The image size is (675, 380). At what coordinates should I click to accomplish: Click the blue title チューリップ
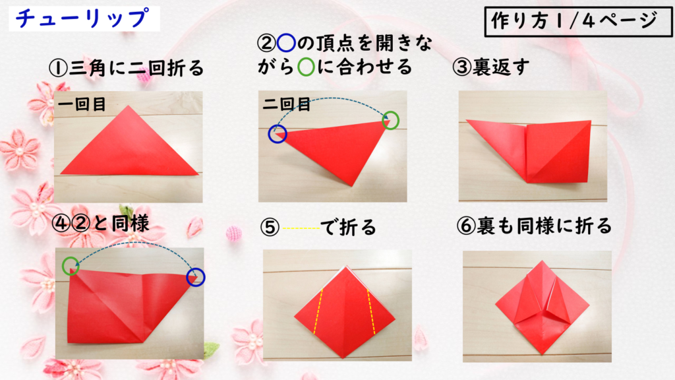tap(82, 18)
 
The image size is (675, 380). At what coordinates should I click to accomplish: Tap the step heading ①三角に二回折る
tap(126, 68)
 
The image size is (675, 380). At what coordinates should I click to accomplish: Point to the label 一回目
tap(82, 104)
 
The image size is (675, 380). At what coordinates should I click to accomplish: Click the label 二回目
tap(287, 104)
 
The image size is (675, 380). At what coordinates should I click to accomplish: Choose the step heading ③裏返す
tap(490, 67)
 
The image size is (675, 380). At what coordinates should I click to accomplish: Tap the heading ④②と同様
tap(100, 223)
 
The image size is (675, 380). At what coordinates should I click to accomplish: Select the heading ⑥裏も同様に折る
tap(534, 226)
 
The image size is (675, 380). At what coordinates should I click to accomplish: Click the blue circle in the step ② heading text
tap(286, 43)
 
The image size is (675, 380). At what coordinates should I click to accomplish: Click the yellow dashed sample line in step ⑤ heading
tap(301, 228)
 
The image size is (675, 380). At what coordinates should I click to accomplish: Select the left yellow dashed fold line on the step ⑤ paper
tap(318, 311)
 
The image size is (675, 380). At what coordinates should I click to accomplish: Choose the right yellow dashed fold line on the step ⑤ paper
tap(371, 312)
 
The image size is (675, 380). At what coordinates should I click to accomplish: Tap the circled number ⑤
tap(270, 228)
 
